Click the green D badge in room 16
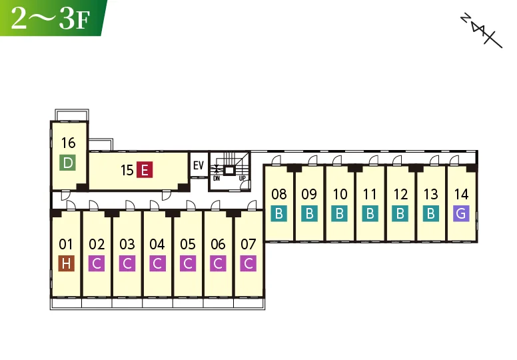[67, 163]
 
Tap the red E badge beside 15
[145, 170]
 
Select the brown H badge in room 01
[66, 263]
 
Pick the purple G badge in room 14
[461, 213]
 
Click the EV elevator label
[199, 165]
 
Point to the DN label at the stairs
[217, 179]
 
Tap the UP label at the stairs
[243, 179]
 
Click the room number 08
[279, 195]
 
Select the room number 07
[249, 245]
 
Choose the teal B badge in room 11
[370, 213]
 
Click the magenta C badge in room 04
[158, 263]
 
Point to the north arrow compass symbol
[482, 31]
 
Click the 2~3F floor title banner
[53, 18]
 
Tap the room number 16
[68, 143]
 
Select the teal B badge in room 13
[431, 213]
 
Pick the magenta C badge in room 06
[218, 263]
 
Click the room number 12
[400, 195]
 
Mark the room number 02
[97, 245]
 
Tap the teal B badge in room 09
[309, 213]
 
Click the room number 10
[340, 195]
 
